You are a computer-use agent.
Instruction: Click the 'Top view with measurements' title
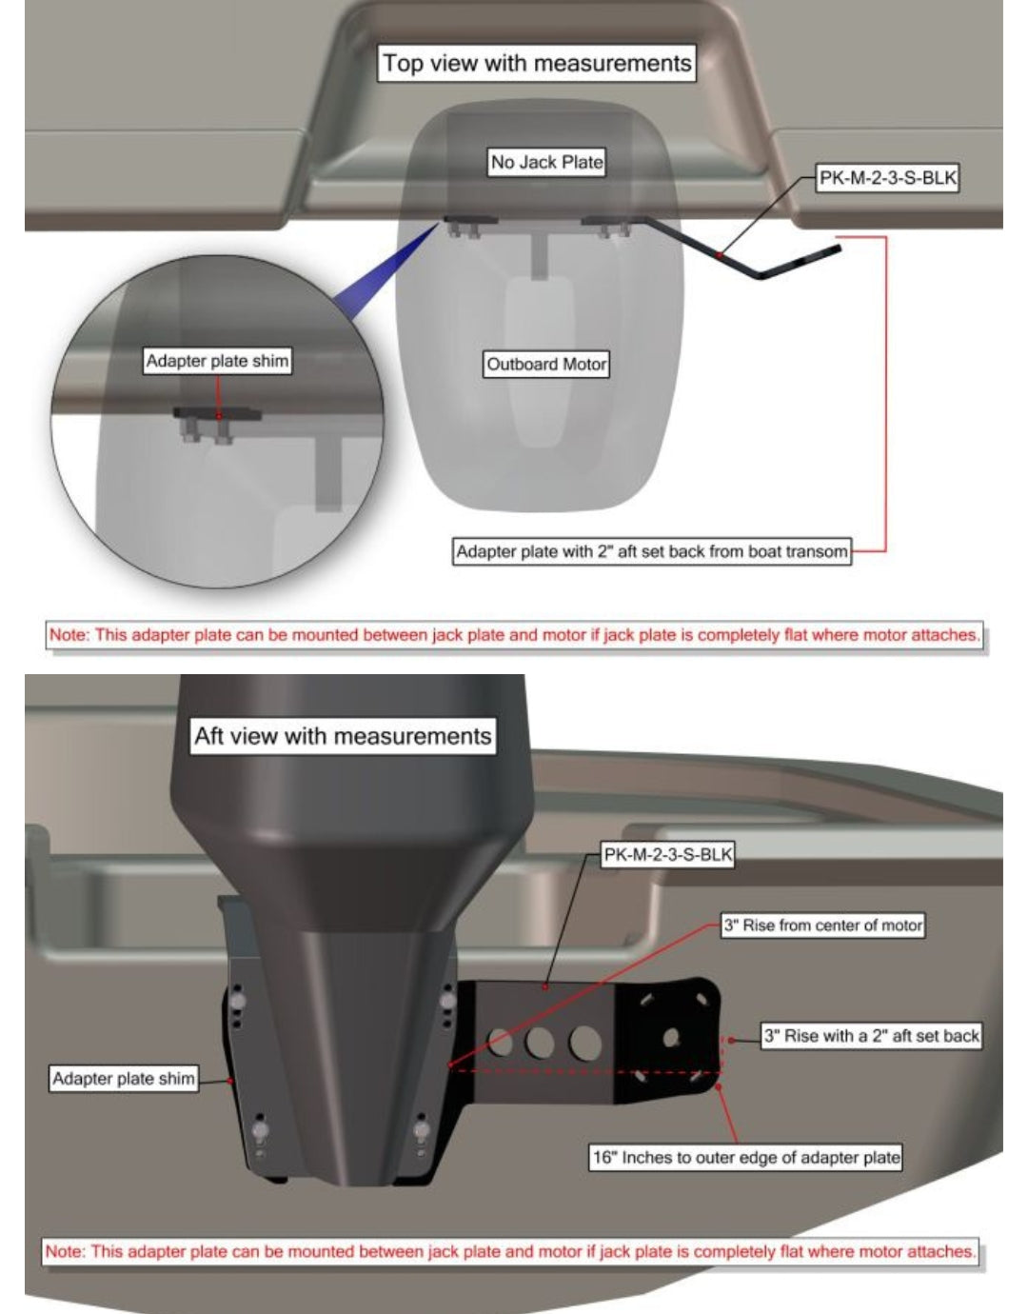537,63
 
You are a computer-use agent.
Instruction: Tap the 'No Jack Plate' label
547,162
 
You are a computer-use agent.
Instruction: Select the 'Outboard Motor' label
545,364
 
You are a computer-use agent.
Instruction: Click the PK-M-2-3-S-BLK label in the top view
887,178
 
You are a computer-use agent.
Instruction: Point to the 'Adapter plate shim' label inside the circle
218,361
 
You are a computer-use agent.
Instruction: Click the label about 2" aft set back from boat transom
651,551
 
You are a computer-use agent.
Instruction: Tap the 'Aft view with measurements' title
343,736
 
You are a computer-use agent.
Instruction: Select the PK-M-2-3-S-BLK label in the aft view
668,854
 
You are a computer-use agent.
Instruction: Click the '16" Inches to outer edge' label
745,1158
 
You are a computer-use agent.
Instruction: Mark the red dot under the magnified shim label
219,415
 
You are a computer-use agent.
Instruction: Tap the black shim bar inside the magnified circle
218,414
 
